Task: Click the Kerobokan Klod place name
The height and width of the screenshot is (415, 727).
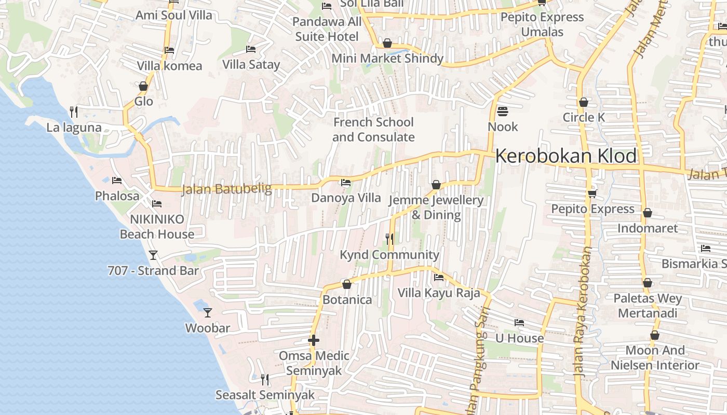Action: coord(566,156)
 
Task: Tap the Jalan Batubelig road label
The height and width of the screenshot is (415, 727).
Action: coord(226,189)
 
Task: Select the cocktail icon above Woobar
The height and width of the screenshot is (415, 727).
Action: coord(208,312)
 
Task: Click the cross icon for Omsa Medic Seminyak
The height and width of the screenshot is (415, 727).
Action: coord(313,340)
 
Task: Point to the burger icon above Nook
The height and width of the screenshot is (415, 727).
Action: coord(502,111)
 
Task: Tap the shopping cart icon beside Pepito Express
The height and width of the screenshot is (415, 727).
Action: coord(592,193)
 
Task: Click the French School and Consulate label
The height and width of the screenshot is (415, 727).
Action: coord(373,130)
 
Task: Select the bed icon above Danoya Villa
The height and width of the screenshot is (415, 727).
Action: coord(345,183)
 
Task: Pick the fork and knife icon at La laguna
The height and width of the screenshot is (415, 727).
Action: coord(74,112)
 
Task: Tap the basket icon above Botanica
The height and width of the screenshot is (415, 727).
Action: coord(347,284)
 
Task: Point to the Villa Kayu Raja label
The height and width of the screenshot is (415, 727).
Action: coord(439,293)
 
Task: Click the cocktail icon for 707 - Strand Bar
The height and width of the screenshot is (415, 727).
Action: coord(153,255)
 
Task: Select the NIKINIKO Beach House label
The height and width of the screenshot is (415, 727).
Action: coord(157,227)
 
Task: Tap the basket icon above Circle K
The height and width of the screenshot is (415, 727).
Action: coord(584,102)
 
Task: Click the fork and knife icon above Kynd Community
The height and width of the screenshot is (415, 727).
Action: coord(389,239)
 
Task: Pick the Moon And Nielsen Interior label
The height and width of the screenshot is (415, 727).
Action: coord(655,358)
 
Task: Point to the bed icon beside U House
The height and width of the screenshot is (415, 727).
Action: coord(519,323)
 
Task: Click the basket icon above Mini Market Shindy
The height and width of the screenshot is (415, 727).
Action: coord(387,43)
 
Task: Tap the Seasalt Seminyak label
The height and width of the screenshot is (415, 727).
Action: coord(265,395)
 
